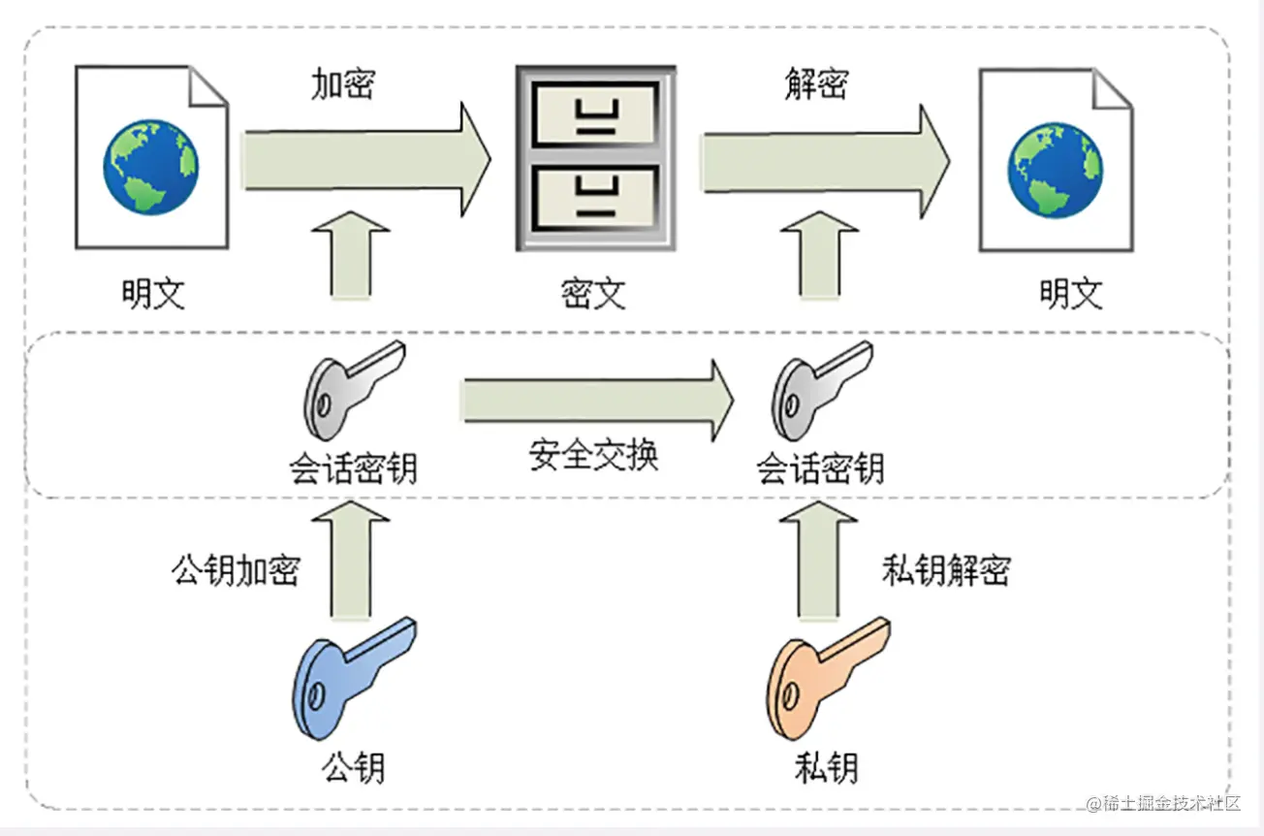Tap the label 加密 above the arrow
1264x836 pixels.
click(342, 85)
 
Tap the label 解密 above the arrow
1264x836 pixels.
click(815, 85)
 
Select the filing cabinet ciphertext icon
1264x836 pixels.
click(595, 158)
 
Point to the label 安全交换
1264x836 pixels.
click(593, 454)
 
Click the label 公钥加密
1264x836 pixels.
click(236, 570)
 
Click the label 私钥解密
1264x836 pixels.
click(945, 570)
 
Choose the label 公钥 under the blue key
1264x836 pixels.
click(354, 767)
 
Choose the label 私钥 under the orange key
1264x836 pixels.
click(827, 767)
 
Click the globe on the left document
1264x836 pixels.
click(151, 166)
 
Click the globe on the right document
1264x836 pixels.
click(1055, 168)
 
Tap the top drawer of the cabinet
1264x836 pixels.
click(595, 113)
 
